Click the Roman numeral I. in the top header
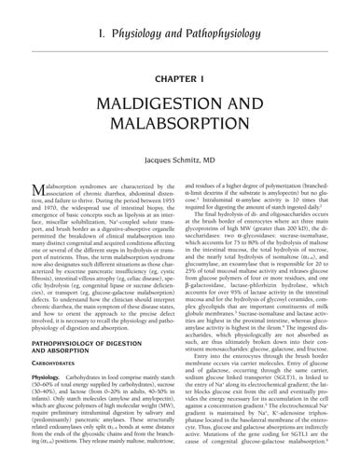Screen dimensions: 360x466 (x=102, y=12)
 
